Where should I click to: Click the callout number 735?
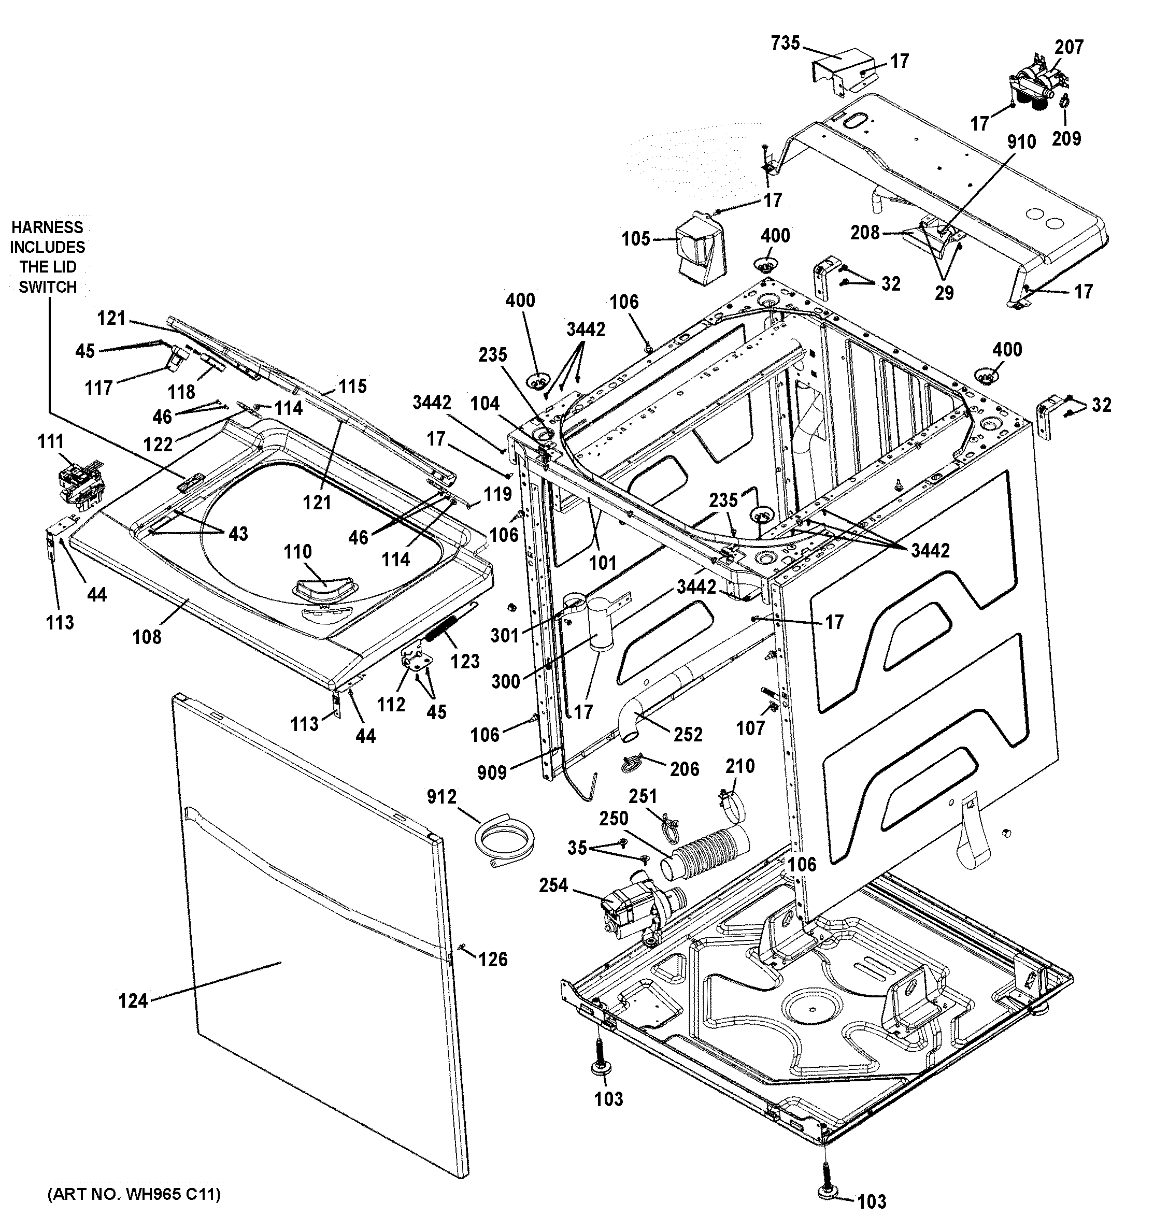(x=785, y=44)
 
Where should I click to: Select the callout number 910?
(x=1021, y=142)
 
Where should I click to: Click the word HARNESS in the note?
(x=47, y=227)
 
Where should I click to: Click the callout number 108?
(x=147, y=637)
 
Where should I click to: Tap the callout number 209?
(x=1066, y=138)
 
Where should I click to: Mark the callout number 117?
(x=99, y=388)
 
